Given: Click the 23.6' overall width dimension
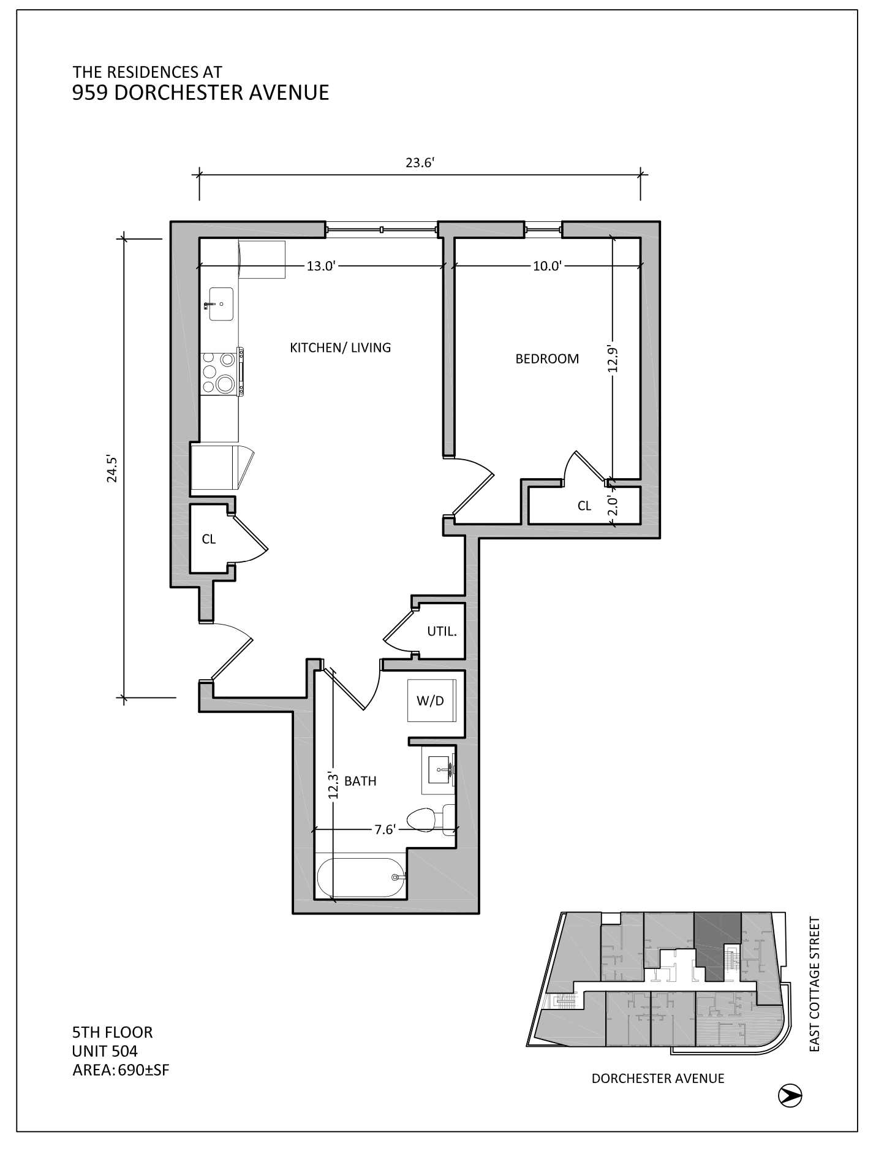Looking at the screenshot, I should coord(419,163).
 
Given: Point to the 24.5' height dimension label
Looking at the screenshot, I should coord(111,469).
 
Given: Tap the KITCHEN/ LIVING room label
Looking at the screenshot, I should coord(340,348).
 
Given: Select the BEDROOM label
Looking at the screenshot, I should coord(546,359).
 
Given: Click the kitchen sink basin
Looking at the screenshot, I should coord(221,303).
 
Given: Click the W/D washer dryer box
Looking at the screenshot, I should coord(430,701).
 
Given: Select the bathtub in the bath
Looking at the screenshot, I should coord(359,878).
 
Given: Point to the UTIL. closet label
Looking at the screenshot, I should coord(442,631).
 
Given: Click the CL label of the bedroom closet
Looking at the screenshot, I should coord(584,506).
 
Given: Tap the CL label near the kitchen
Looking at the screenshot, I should coord(208,539).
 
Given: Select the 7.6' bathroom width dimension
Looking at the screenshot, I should coord(385,830).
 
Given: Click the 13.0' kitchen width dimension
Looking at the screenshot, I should coord(320,266).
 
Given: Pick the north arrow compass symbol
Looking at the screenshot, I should coord(790,1095).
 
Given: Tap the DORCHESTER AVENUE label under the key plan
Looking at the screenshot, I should coord(657,1078).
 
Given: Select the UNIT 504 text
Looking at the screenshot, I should coord(105,1051).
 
